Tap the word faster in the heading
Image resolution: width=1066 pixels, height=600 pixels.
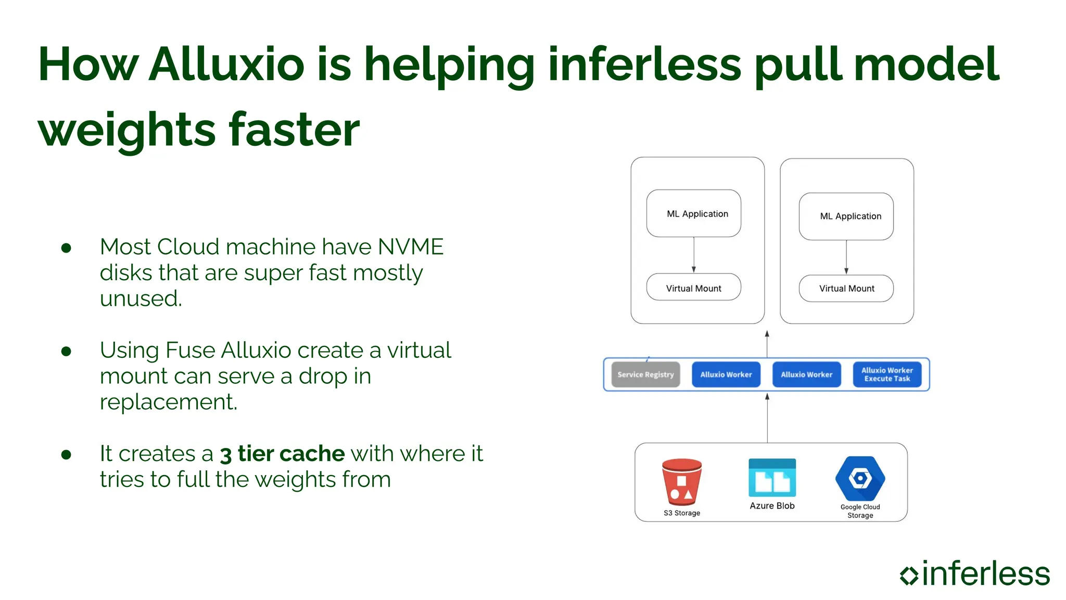pyautogui.click(x=294, y=130)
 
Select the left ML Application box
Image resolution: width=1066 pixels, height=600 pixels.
pyautogui.click(x=693, y=214)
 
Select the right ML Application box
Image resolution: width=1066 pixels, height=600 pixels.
pyautogui.click(x=846, y=216)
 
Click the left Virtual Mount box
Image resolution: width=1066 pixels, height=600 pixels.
pyautogui.click(x=693, y=287)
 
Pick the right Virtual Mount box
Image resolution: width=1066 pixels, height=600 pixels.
pyautogui.click(x=846, y=289)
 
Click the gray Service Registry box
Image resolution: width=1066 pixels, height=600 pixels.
pyautogui.click(x=645, y=374)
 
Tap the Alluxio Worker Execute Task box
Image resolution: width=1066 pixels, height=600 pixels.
pyautogui.click(x=887, y=374)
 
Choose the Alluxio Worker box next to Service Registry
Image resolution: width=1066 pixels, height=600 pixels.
pyautogui.click(x=726, y=374)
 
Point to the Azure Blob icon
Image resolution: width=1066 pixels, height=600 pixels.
pyautogui.click(x=772, y=478)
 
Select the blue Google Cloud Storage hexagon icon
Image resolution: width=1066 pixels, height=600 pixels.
pyautogui.click(x=860, y=478)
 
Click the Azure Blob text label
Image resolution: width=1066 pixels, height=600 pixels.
pyautogui.click(x=772, y=506)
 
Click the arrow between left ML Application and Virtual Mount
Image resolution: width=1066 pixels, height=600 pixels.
pyautogui.click(x=694, y=255)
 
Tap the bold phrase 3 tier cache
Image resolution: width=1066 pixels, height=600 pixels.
pyautogui.click(x=282, y=454)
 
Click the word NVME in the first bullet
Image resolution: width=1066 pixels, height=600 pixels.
pyautogui.click(x=411, y=247)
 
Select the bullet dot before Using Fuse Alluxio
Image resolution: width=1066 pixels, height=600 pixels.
pyautogui.click(x=66, y=352)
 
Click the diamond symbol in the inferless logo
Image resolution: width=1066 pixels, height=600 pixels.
pyautogui.click(x=909, y=575)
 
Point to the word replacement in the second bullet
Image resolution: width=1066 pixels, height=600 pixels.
pyautogui.click(x=168, y=402)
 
